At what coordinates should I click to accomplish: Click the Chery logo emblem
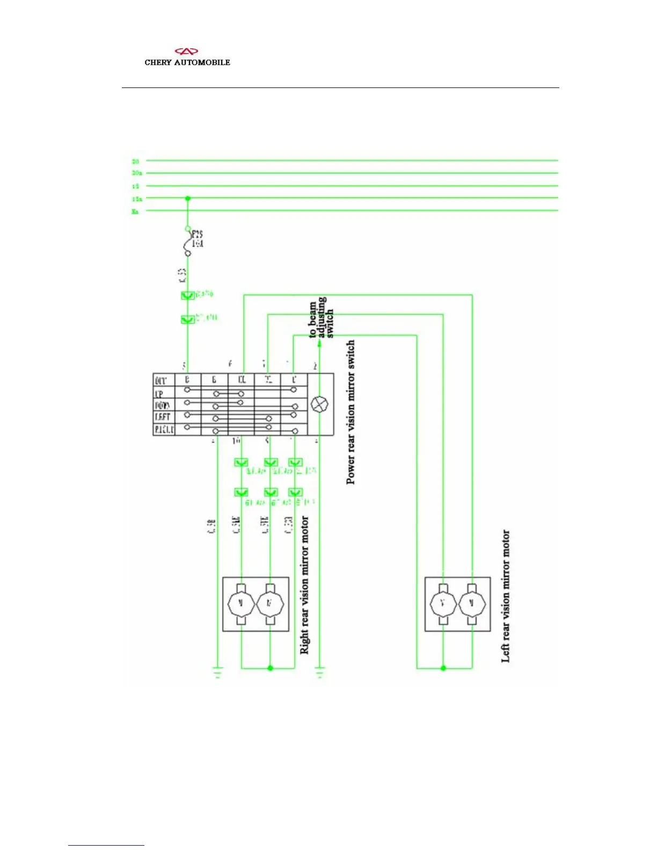click(x=187, y=52)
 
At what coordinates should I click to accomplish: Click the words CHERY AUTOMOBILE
click(x=187, y=62)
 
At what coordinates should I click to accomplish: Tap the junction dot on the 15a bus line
click(x=188, y=199)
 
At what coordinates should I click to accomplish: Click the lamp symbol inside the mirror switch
click(x=320, y=404)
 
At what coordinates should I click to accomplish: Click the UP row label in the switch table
click(x=159, y=394)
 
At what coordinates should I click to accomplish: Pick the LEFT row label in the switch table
click(x=162, y=417)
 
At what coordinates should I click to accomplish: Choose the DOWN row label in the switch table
click(x=162, y=406)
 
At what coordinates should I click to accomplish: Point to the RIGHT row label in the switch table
click(x=164, y=429)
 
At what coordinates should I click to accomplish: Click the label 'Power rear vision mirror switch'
click(x=351, y=412)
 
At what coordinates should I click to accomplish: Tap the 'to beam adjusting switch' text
click(x=321, y=318)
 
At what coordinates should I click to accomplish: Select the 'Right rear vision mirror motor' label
click(x=304, y=585)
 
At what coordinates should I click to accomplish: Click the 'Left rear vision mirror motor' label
click(x=505, y=596)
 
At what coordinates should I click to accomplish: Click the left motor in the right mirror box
click(x=241, y=604)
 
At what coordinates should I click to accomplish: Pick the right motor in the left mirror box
click(x=472, y=604)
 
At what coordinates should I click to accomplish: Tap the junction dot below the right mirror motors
click(x=270, y=668)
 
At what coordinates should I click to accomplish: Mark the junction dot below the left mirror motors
click(x=443, y=668)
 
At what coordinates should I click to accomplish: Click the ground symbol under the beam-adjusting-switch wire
click(x=320, y=673)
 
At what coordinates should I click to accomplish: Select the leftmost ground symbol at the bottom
click(x=217, y=673)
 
